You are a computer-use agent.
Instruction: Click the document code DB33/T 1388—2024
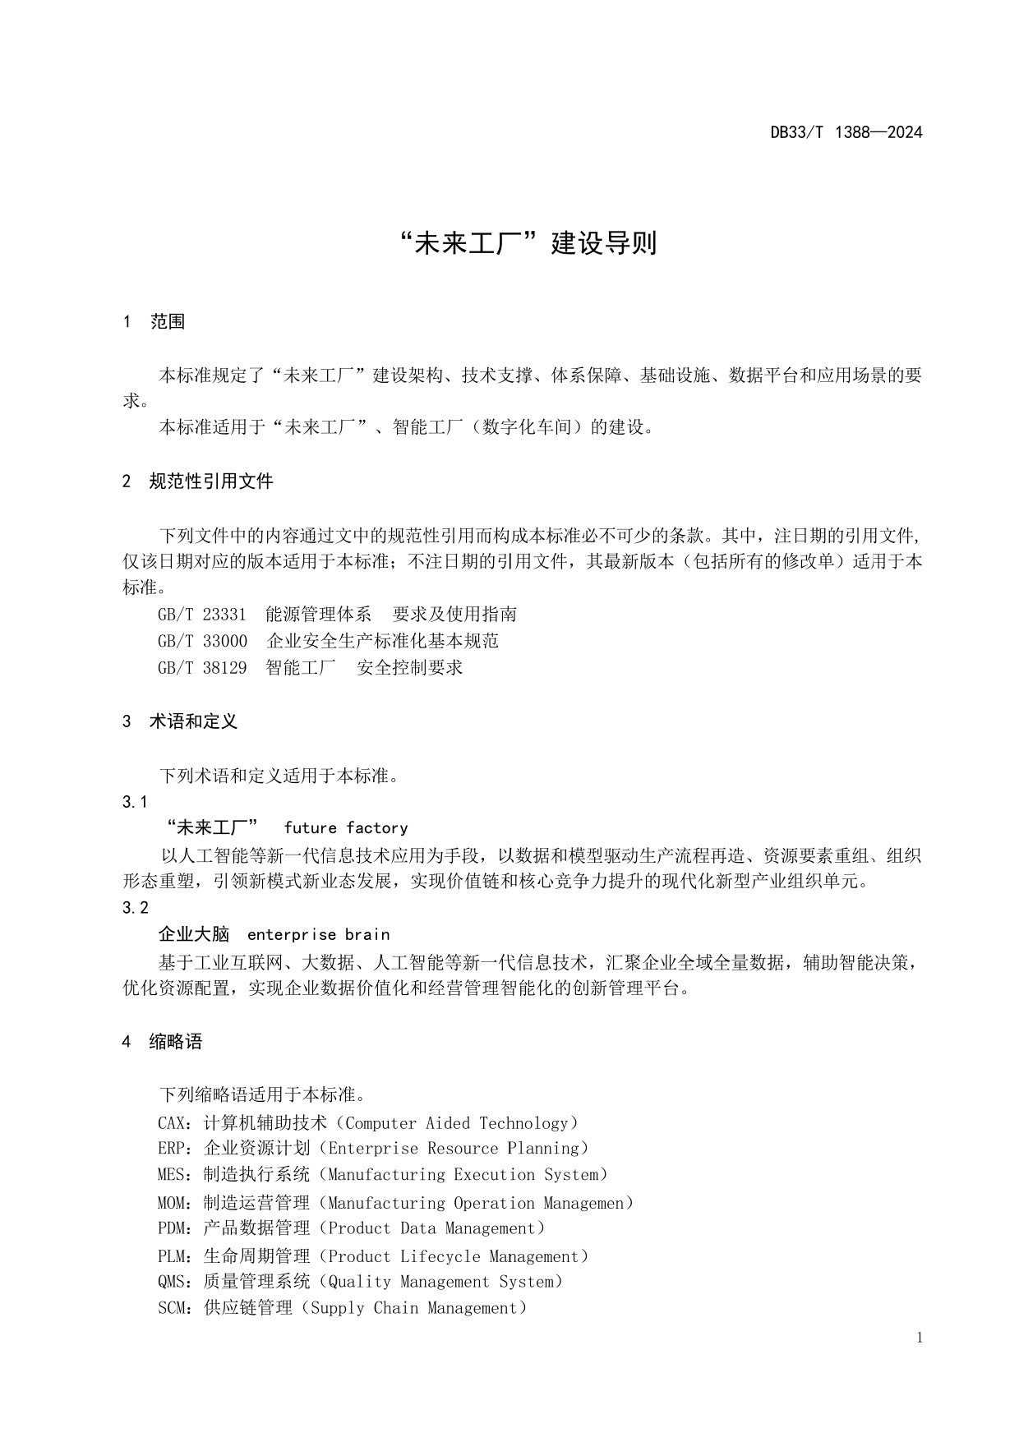coord(846,132)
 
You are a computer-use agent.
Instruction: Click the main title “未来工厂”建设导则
coord(526,243)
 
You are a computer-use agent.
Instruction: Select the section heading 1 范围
coord(154,322)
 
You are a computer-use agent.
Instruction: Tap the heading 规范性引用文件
coord(210,481)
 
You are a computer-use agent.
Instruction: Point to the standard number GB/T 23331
coord(201,615)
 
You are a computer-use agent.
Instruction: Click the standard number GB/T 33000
coord(201,641)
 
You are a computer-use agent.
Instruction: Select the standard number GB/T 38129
coord(201,667)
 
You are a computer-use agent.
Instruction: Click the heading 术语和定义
coord(193,721)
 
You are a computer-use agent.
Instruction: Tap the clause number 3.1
coord(135,802)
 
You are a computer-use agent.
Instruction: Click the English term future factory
coord(346,828)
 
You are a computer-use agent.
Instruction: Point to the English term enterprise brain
coord(318,935)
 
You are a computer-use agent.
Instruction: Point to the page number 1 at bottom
coord(920,1338)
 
